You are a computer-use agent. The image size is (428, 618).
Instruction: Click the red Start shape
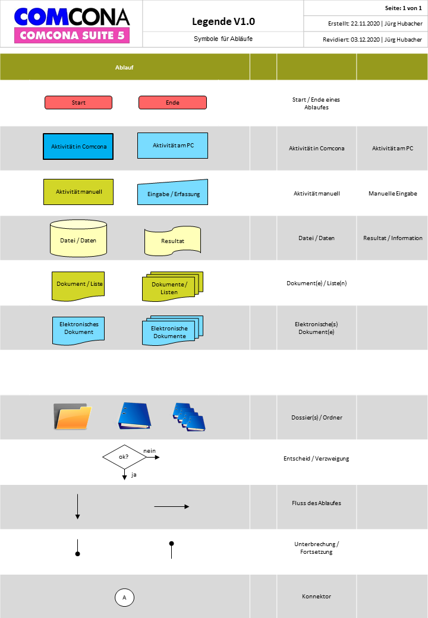point(78,102)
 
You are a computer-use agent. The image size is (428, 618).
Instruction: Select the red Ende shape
point(172,102)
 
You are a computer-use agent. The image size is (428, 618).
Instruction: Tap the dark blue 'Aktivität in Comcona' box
point(78,147)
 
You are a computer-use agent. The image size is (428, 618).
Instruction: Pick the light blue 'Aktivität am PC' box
point(172,146)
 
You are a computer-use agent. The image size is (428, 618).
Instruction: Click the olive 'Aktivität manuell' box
point(78,192)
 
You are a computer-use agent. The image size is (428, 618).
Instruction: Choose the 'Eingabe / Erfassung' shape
point(172,193)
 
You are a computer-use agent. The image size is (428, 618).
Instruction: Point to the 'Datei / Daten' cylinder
point(78,238)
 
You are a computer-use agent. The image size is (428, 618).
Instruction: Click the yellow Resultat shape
point(172,241)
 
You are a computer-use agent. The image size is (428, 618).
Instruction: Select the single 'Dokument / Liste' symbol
point(78,286)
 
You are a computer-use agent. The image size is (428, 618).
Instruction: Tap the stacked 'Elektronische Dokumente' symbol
point(172,330)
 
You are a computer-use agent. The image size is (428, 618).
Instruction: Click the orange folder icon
point(72,416)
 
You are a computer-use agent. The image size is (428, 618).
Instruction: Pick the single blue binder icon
point(134,416)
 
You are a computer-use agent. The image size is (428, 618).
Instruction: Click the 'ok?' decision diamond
point(125,457)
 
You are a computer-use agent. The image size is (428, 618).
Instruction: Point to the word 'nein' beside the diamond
point(149,451)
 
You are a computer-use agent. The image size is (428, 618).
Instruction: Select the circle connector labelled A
point(125,598)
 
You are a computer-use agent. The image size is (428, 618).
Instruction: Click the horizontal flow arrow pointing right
point(171,506)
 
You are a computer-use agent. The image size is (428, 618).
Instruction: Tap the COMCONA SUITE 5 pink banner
point(72,36)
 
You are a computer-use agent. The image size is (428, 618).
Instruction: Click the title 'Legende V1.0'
point(224,21)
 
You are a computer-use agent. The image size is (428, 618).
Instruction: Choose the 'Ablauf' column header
point(124,67)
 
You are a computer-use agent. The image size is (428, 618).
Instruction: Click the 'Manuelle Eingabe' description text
point(393,194)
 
